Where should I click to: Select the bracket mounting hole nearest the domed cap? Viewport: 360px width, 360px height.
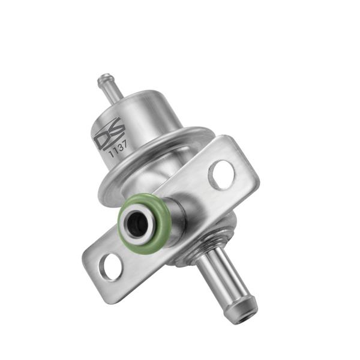(221, 175)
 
